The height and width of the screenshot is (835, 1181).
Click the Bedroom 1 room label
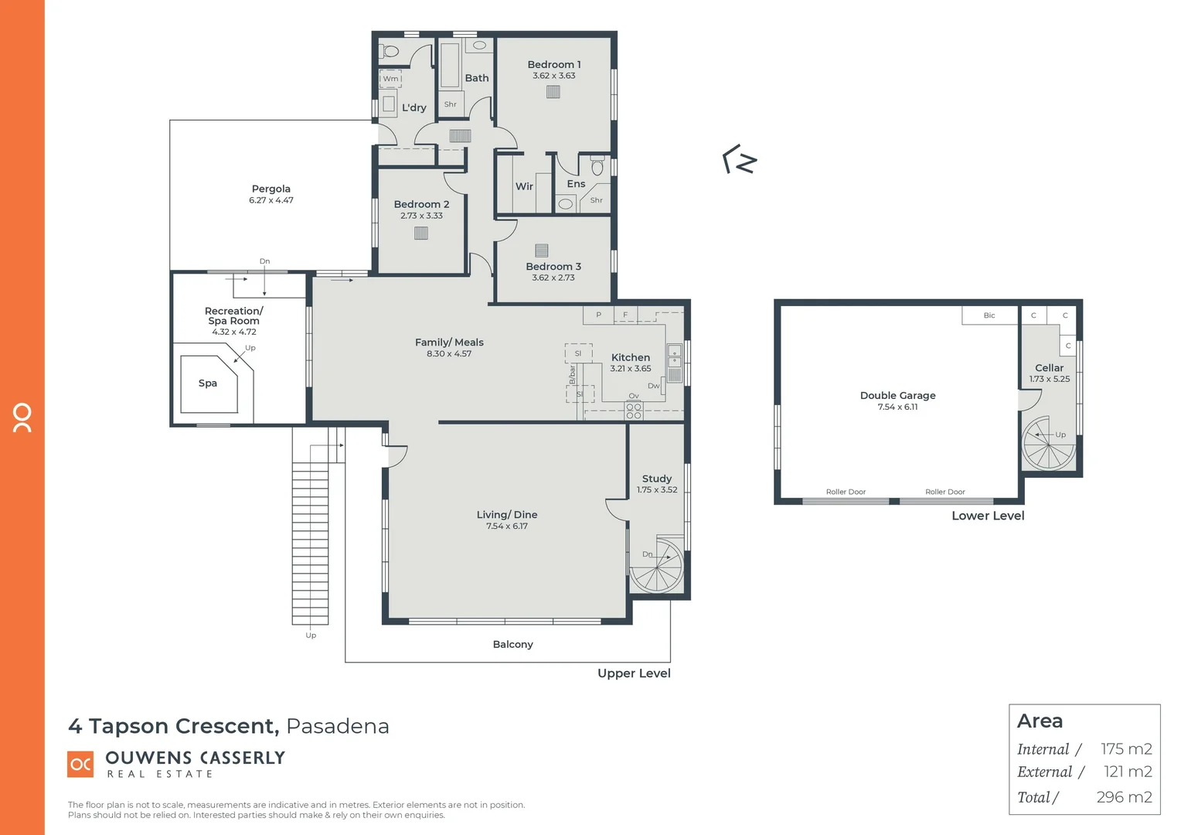click(553, 65)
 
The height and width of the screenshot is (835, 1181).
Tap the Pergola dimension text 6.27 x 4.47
click(271, 200)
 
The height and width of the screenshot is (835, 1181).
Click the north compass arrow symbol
click(740, 159)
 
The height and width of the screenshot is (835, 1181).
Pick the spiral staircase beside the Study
click(656, 567)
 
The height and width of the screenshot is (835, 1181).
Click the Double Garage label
click(897, 395)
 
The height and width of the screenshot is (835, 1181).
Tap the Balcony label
click(512, 644)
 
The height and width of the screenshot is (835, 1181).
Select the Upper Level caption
click(634, 673)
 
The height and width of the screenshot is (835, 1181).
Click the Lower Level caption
click(987, 516)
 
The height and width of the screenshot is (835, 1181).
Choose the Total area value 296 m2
click(1124, 797)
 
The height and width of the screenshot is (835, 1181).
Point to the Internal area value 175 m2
click(1126, 749)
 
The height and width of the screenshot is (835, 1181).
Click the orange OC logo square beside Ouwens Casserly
click(80, 764)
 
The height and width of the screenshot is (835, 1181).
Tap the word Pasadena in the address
click(337, 726)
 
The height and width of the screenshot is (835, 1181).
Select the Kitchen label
click(630, 357)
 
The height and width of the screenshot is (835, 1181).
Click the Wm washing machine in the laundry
click(390, 79)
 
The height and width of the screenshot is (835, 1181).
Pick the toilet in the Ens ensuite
click(597, 166)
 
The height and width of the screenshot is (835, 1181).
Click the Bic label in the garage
click(989, 315)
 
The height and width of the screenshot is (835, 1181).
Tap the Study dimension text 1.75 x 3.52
click(656, 490)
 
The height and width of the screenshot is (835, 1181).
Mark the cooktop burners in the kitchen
click(633, 411)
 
